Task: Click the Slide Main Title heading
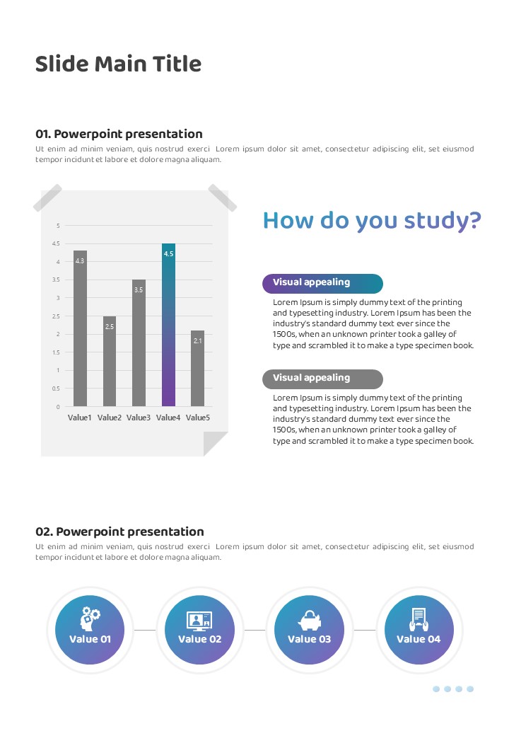tap(118, 64)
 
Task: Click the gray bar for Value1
tap(80, 329)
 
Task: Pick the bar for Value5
tap(197, 368)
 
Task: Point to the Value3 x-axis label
tap(139, 418)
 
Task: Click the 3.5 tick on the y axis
tap(58, 280)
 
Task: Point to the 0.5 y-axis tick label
tap(57, 389)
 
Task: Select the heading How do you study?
tap(372, 221)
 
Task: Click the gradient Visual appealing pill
tap(322, 283)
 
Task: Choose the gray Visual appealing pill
tap(322, 379)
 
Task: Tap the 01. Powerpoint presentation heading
tap(119, 134)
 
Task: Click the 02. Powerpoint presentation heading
tap(119, 531)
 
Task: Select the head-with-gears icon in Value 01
tap(90, 619)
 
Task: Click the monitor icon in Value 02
tap(199, 621)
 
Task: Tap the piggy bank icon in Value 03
tap(309, 620)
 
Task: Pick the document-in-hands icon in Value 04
tap(419, 619)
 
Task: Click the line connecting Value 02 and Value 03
tap(255, 629)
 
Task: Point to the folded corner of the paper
tap(216, 444)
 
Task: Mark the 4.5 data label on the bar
tap(168, 253)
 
